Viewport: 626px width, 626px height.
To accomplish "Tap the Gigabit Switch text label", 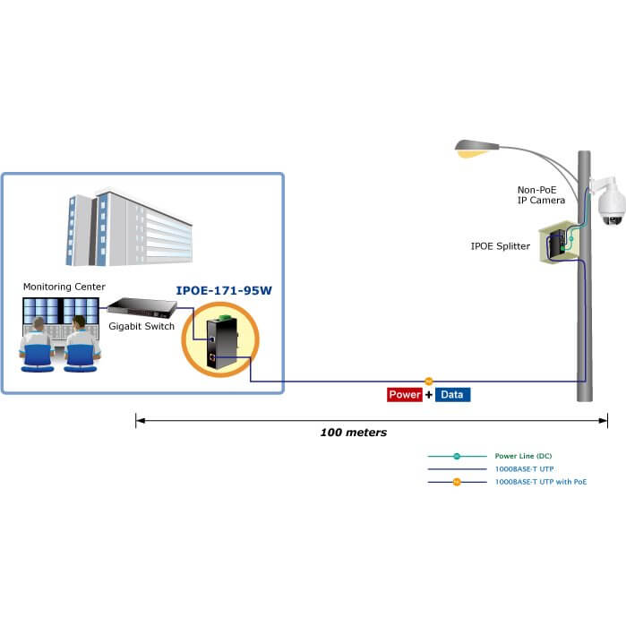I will coord(141,326).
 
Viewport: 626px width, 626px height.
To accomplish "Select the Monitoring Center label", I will coord(64,287).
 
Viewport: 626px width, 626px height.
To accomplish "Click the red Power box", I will coord(405,394).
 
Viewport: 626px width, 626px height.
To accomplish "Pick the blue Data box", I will coord(453,394).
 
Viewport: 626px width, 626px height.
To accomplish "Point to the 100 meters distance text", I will coord(354,433).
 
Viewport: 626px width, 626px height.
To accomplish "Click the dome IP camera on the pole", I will coord(611,204).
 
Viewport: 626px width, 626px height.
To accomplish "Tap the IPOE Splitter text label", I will coord(501,245).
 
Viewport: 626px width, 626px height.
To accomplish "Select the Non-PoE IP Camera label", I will coord(541,195).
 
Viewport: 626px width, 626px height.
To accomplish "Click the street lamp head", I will coord(476,148).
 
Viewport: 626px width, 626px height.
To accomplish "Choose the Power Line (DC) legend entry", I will coord(523,456).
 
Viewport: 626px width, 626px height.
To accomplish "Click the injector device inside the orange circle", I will coord(219,342).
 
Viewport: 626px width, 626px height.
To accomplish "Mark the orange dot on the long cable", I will coord(428,382).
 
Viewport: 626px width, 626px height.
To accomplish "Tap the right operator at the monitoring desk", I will coord(81,344).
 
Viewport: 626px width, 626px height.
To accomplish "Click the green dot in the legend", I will coord(456,456).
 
